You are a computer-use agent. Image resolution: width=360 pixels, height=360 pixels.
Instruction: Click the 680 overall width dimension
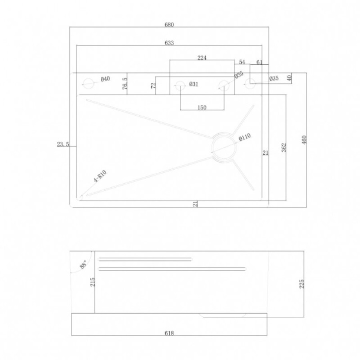click(169, 24)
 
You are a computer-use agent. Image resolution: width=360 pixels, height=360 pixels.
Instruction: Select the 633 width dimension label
click(169, 43)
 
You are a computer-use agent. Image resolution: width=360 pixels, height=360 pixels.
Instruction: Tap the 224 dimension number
click(202, 58)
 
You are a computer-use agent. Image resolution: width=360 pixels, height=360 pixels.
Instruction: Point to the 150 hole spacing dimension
click(202, 108)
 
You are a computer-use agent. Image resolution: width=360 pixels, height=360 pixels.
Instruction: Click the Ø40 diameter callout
click(105, 79)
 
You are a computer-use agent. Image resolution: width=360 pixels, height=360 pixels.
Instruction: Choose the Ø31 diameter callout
click(194, 84)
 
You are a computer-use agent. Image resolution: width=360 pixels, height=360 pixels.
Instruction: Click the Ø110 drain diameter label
click(244, 137)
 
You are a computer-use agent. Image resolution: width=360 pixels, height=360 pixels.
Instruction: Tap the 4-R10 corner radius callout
click(100, 176)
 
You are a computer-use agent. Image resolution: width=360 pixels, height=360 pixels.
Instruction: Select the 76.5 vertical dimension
click(125, 83)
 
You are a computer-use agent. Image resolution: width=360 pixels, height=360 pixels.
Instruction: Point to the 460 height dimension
click(304, 140)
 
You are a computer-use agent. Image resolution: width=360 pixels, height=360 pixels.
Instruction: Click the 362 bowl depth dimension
click(284, 147)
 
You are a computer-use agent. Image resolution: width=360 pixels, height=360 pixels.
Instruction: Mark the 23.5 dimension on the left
click(63, 144)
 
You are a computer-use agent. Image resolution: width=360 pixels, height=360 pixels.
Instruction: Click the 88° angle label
click(83, 264)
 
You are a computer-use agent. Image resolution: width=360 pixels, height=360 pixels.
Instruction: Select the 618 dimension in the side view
click(169, 333)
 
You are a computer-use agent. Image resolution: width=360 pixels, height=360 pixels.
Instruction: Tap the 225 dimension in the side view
click(302, 284)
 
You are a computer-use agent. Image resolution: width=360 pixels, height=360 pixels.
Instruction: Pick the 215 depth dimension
click(92, 282)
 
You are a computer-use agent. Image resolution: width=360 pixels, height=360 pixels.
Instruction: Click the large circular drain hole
click(224, 146)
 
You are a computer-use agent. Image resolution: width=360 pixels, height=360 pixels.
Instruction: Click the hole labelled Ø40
click(88, 84)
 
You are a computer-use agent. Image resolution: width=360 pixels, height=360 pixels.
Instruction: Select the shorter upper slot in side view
click(145, 260)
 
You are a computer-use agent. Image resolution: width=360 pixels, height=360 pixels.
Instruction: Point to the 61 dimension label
click(259, 62)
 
